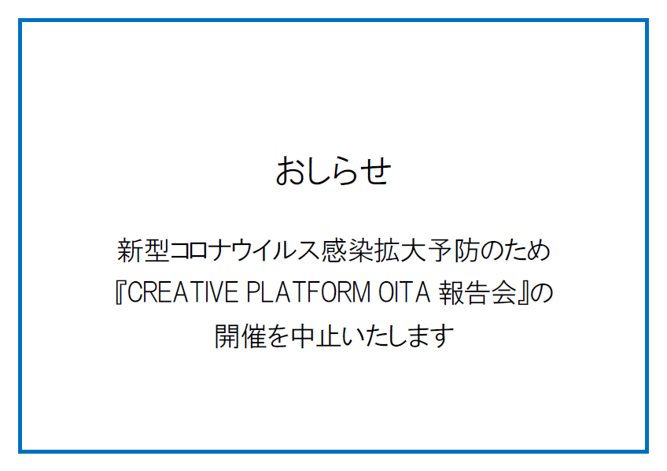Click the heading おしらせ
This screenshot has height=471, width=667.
pos(333,170)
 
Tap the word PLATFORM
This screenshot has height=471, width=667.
pos(309,292)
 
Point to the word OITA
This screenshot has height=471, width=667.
pos(404,292)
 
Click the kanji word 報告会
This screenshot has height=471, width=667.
pos(478,292)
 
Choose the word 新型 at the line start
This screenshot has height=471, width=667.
pos(143,250)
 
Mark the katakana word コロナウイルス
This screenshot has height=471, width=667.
pos(245,250)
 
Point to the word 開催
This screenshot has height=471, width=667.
pos(241,336)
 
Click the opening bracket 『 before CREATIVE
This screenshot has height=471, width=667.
pos(120,292)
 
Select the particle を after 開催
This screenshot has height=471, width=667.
pos(278,336)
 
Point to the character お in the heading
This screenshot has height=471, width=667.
pos(290,170)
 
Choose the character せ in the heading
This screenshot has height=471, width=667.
pos(376,171)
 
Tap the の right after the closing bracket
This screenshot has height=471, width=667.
pos(541,294)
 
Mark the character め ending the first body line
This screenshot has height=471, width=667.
pos(538,250)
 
